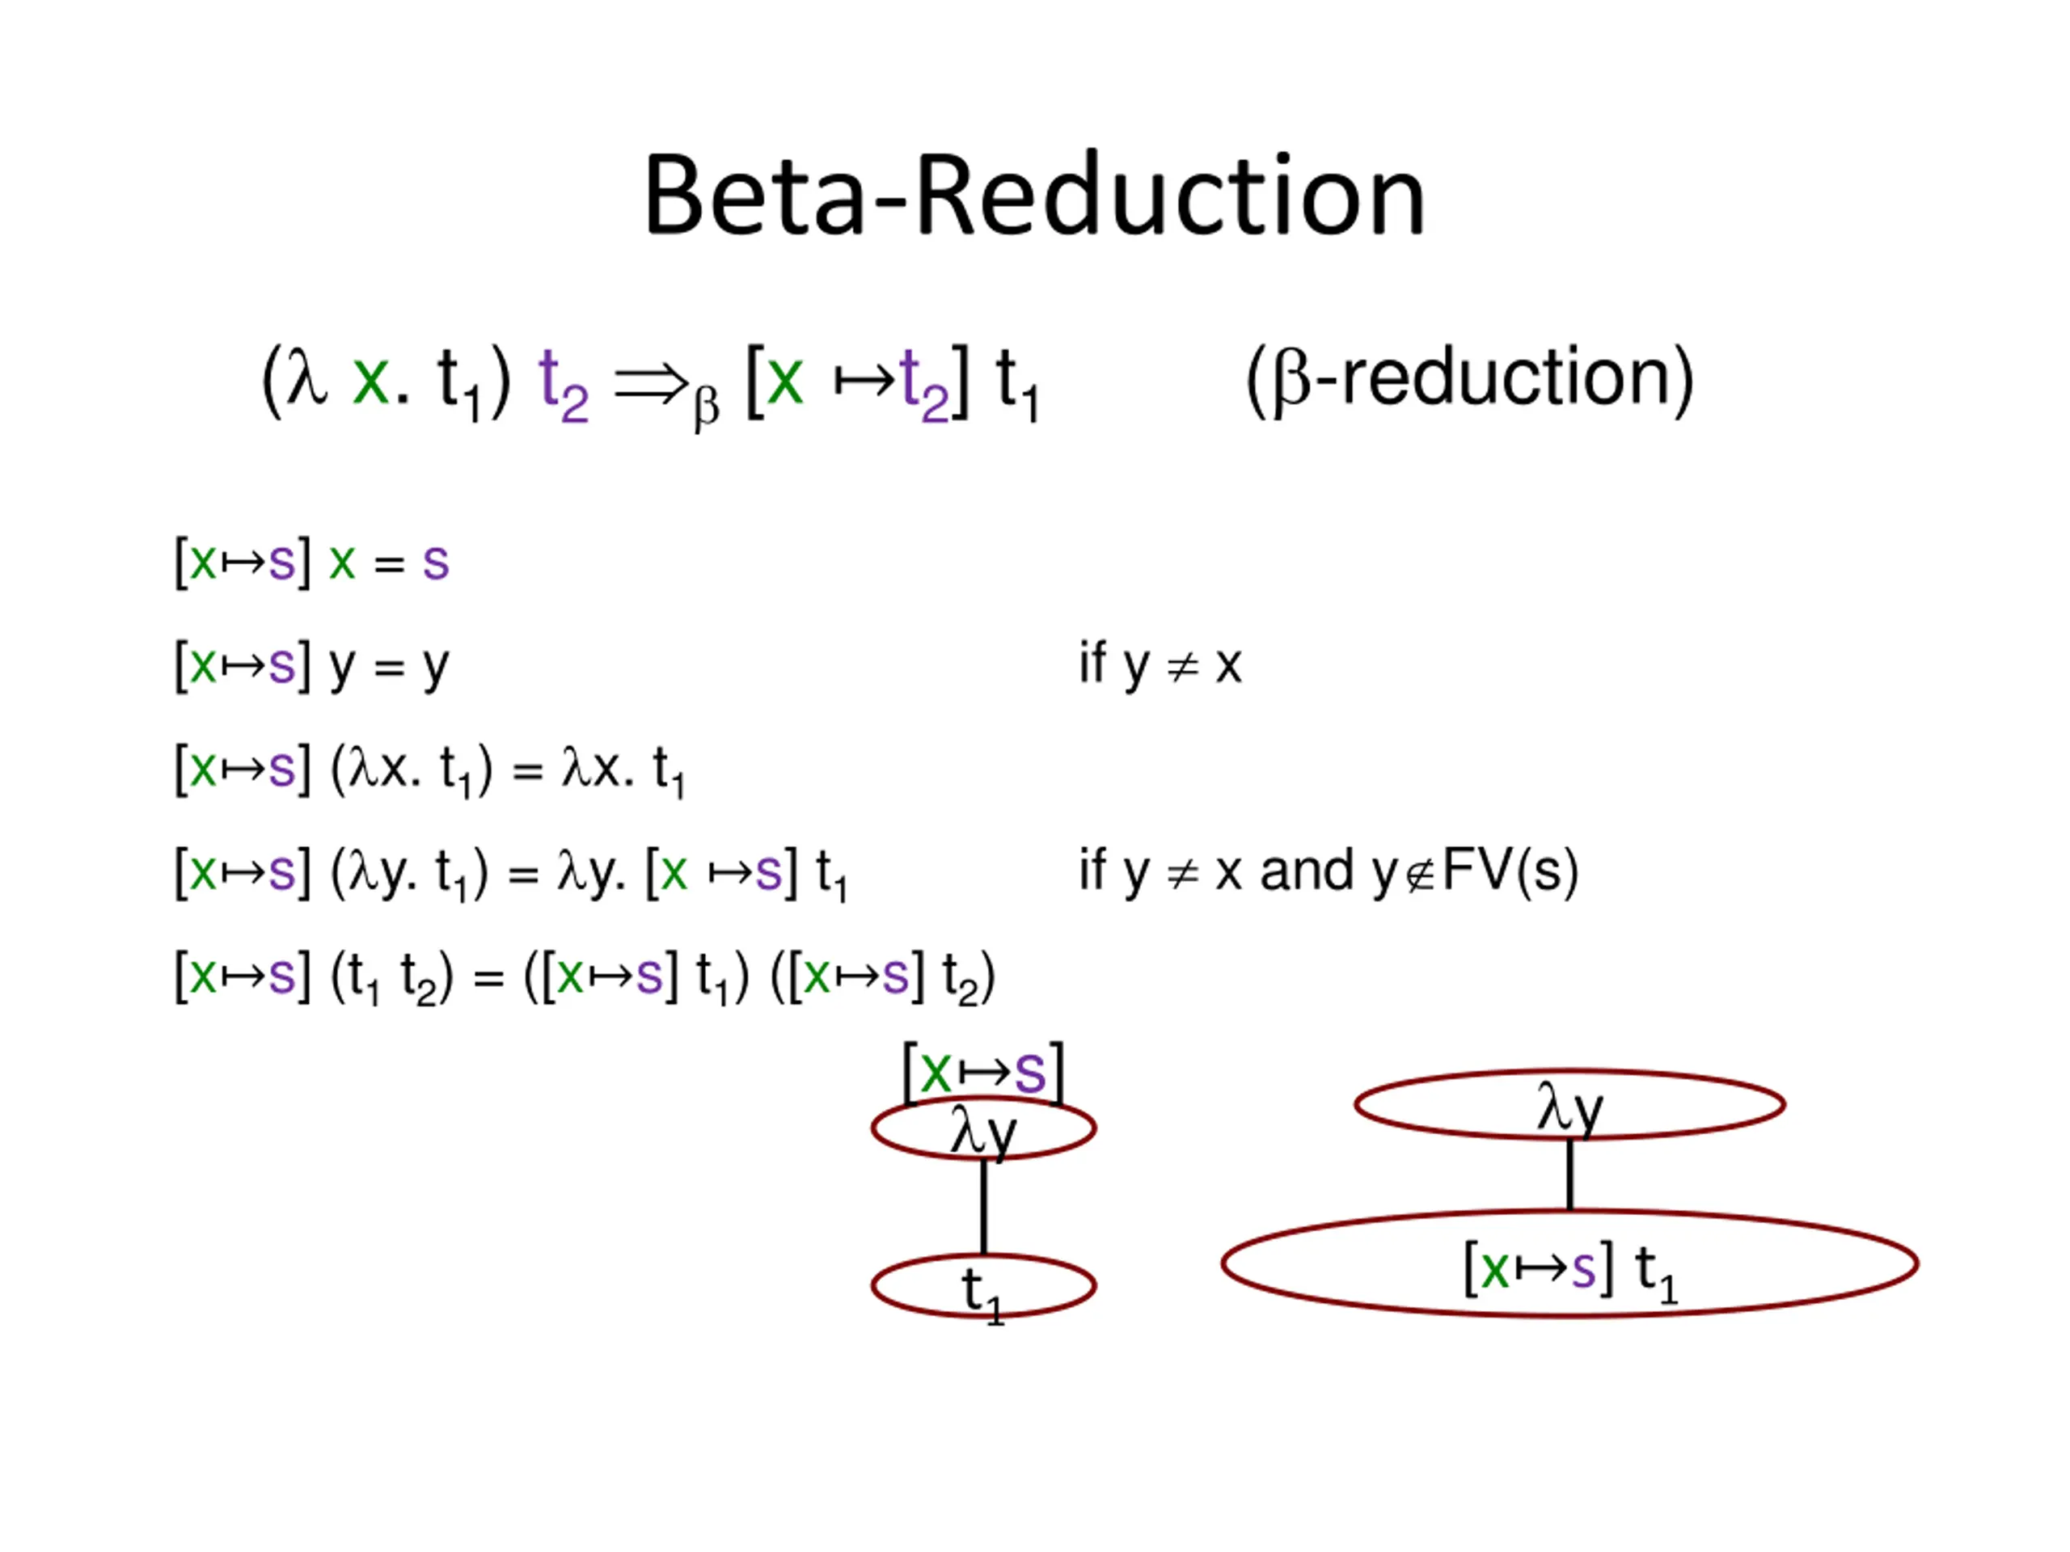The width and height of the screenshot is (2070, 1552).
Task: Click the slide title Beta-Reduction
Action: (x=1033, y=196)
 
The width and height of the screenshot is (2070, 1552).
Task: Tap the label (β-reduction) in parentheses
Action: (x=1469, y=379)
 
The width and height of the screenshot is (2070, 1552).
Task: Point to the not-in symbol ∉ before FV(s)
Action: (x=1420, y=875)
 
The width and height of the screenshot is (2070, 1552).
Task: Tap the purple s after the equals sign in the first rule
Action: (x=435, y=563)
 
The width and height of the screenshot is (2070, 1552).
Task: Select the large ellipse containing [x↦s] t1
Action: (x=1569, y=1265)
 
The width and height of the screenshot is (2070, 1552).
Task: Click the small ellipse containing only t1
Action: (x=982, y=1285)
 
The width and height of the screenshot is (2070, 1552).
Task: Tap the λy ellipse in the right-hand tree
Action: (x=1569, y=1105)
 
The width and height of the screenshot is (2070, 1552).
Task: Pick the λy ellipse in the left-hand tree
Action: (x=982, y=1128)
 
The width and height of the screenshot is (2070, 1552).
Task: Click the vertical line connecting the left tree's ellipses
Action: (x=983, y=1207)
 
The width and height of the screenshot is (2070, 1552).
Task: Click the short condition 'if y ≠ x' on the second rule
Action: (x=1160, y=665)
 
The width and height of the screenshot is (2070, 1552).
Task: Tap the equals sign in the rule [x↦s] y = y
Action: (x=388, y=667)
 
